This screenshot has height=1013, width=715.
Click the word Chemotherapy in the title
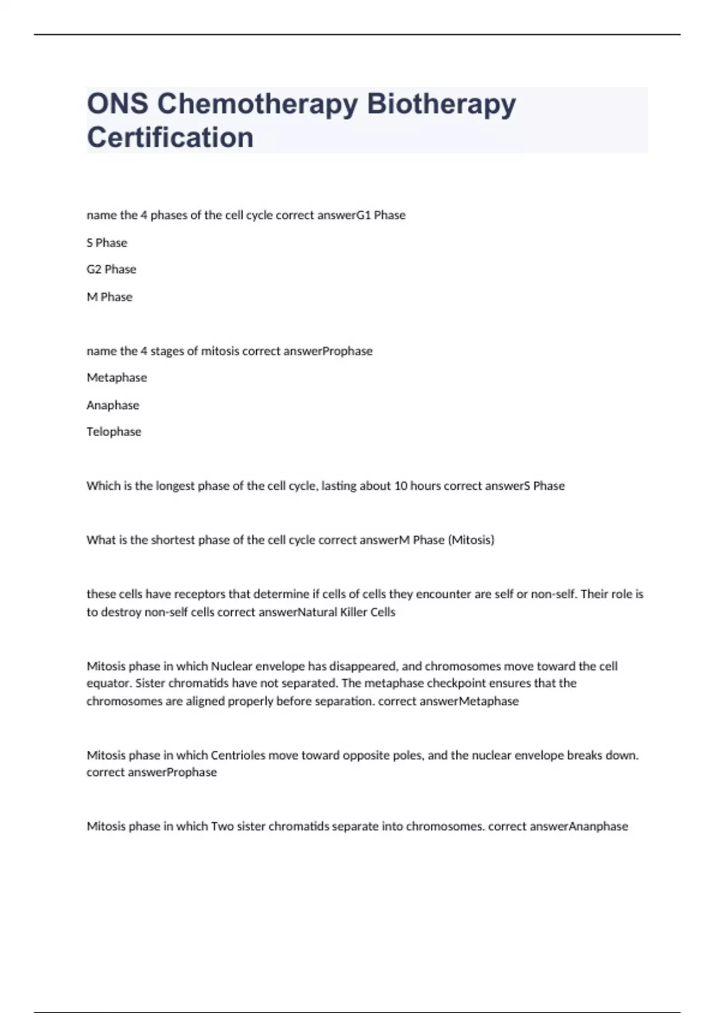257,104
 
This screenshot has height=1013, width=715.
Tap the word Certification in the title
170,138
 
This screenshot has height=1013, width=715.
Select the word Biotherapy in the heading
441,104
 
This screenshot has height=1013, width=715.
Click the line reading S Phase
107,243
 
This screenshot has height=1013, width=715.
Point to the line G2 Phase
111,269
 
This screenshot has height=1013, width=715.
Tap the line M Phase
110,297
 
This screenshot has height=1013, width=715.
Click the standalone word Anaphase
113,405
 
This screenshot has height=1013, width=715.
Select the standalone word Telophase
114,432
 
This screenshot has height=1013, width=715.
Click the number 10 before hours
401,486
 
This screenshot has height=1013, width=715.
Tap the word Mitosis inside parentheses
471,540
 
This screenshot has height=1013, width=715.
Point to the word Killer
353,612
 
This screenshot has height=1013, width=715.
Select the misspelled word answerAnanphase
579,826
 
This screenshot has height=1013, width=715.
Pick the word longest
175,486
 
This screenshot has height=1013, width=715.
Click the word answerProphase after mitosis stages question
327,351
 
